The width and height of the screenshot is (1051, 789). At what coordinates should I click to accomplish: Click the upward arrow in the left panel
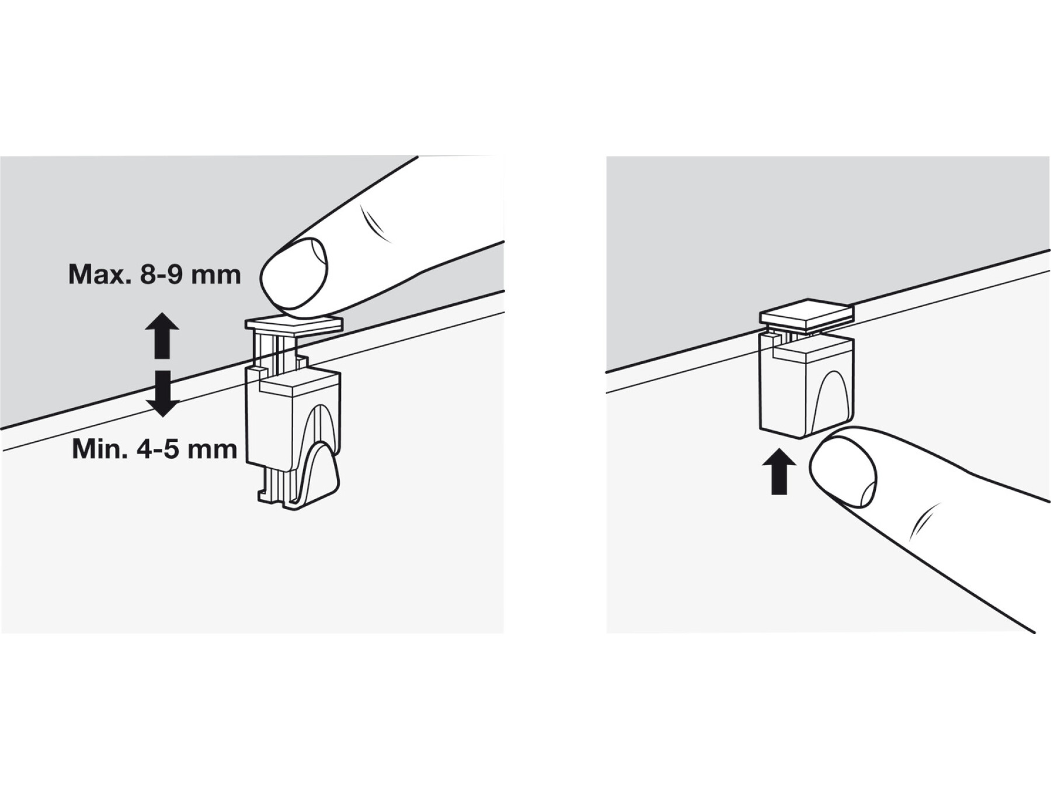(162, 335)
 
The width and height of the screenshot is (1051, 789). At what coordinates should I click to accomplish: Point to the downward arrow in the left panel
(162, 393)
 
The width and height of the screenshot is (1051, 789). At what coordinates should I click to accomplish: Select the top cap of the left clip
(293, 324)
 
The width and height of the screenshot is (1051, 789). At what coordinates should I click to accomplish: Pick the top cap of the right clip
(806, 320)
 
